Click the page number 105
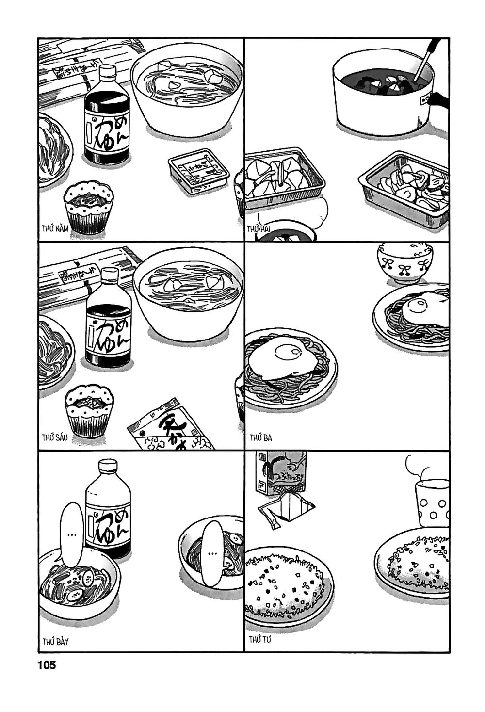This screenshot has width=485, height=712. point(47,665)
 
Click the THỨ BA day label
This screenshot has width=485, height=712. point(261,438)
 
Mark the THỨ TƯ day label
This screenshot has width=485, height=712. point(260,640)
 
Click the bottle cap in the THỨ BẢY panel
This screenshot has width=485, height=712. point(108,467)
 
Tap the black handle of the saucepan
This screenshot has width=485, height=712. point(439,99)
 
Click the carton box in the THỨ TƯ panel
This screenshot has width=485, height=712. point(279,473)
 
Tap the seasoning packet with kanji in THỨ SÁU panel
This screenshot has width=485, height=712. point(169,427)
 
